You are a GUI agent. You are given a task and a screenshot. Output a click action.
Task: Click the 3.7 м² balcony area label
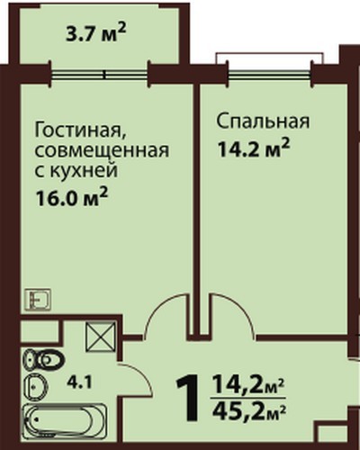pyautogui.click(x=94, y=34)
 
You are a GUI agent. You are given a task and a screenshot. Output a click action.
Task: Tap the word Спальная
pyautogui.click(x=263, y=121)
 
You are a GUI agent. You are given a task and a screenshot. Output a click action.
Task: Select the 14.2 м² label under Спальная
pyautogui.click(x=254, y=148)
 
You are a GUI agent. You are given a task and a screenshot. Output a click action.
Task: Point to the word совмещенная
pyautogui.click(x=102, y=151)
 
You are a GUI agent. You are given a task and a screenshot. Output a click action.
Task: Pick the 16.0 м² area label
pyautogui.click(x=71, y=197)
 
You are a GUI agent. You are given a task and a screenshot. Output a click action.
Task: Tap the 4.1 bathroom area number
pyautogui.click(x=79, y=383)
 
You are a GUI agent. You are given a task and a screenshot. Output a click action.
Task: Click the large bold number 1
pyautogui.click(x=188, y=397)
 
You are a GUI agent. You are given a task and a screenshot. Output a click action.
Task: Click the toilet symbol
pyautogui.click(x=44, y=359)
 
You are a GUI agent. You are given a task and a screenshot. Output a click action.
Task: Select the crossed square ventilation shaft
pyautogui.click(x=101, y=337)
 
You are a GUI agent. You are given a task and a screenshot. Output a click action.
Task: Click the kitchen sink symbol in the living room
pyautogui.click(x=38, y=300)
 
